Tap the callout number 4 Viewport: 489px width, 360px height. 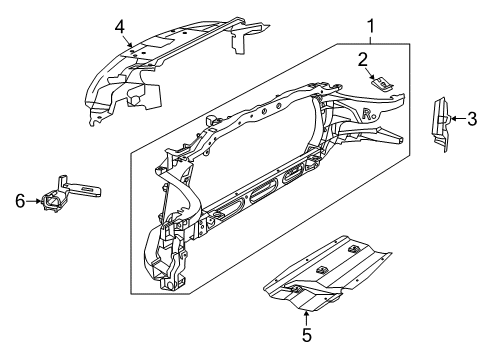[x=119, y=25]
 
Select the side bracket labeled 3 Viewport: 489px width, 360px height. [x=439, y=122]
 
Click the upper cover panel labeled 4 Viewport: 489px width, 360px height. [x=170, y=60]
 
